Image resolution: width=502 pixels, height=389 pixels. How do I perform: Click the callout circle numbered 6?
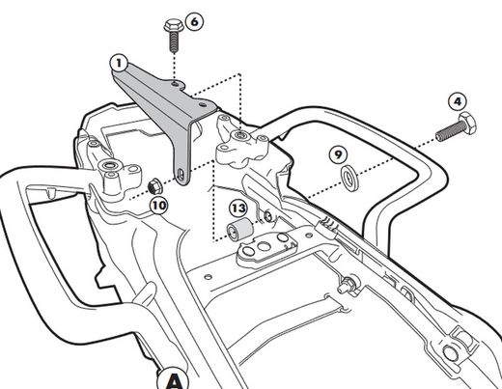tap(195, 22)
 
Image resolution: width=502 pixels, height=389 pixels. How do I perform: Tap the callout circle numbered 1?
tap(119, 64)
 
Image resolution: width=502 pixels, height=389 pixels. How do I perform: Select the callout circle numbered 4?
tap(458, 101)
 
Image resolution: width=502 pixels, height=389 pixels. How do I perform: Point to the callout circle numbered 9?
tap(338, 154)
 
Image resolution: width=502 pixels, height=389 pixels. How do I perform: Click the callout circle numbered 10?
tap(159, 206)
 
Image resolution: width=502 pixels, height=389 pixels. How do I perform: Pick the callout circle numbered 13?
tap(238, 208)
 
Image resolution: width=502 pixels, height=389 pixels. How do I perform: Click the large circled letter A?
tap(174, 379)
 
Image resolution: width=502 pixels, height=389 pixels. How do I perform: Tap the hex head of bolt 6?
tap(174, 26)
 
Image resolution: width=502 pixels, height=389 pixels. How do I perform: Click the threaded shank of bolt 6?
tap(174, 42)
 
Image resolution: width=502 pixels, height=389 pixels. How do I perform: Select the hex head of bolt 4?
tap(467, 123)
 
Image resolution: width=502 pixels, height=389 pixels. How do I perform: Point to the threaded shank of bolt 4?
tap(448, 131)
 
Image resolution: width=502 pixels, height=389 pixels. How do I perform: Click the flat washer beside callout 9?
tap(349, 179)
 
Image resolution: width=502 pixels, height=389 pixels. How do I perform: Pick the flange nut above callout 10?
tap(153, 187)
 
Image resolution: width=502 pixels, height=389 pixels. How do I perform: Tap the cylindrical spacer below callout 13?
tap(239, 229)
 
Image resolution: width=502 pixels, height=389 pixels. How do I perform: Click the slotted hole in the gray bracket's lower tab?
tap(181, 176)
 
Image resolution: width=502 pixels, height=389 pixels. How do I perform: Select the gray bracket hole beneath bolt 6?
tap(175, 84)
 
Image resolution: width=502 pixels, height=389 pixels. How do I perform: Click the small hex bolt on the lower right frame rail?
tap(346, 285)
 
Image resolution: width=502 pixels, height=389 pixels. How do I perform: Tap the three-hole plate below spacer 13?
tap(266, 248)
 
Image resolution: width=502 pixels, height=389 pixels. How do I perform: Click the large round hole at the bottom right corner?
tap(451, 353)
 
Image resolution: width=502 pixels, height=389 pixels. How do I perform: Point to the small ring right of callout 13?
tap(267, 216)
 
